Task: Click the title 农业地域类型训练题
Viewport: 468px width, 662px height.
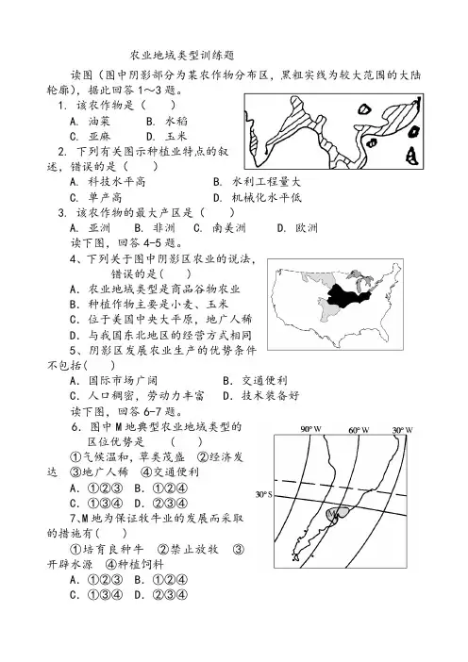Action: coord(182,56)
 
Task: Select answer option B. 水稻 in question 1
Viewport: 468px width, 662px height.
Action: coord(167,121)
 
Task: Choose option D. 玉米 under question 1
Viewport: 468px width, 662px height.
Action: coord(167,137)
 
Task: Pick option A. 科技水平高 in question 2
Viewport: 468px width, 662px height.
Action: coord(108,182)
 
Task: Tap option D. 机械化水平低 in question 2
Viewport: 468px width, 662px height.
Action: coord(258,197)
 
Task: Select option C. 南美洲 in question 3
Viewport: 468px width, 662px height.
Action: coord(220,228)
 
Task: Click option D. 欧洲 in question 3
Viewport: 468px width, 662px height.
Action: coord(297,228)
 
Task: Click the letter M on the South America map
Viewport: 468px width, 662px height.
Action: coord(331,513)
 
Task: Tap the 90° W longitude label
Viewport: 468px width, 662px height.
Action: coord(311,430)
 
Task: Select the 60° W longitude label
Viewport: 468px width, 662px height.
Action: coord(359,430)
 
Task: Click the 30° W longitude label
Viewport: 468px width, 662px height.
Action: coord(403,430)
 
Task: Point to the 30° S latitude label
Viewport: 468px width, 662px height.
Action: coord(263,494)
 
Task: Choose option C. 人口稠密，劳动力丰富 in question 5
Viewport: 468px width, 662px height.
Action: coord(137,395)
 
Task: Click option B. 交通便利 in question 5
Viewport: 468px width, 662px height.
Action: coord(255,380)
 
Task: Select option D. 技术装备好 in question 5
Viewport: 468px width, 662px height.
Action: coord(261,395)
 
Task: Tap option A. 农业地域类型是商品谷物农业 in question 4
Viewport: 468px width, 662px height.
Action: coord(155,290)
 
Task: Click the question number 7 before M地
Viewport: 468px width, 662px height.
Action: coord(73,518)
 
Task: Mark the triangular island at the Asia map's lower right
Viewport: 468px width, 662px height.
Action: coord(411,156)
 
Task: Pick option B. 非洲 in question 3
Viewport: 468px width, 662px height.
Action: coord(155,228)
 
